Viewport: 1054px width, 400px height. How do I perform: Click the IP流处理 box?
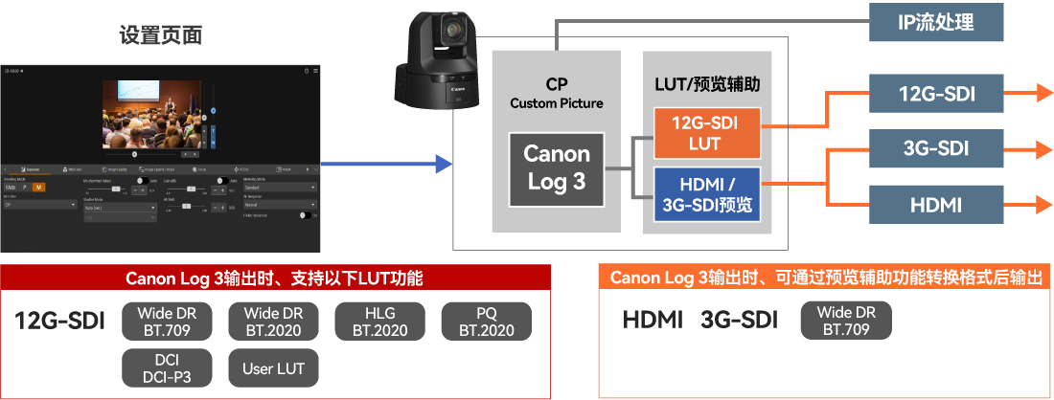coord(936,22)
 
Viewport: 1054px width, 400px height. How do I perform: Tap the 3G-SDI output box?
coord(936,148)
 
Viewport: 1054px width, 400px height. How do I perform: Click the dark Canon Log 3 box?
coord(556,168)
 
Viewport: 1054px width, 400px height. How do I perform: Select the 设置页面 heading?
coord(160,35)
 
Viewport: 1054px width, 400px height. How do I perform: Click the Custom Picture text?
coord(557,103)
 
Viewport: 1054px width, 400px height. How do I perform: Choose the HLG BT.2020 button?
coord(379,322)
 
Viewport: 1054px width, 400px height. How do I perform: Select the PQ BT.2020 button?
coord(486,322)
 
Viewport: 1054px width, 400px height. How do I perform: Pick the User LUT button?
coord(273,368)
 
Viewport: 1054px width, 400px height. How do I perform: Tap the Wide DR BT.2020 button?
coord(273,322)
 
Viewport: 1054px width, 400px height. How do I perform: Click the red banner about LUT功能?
coord(275,278)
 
